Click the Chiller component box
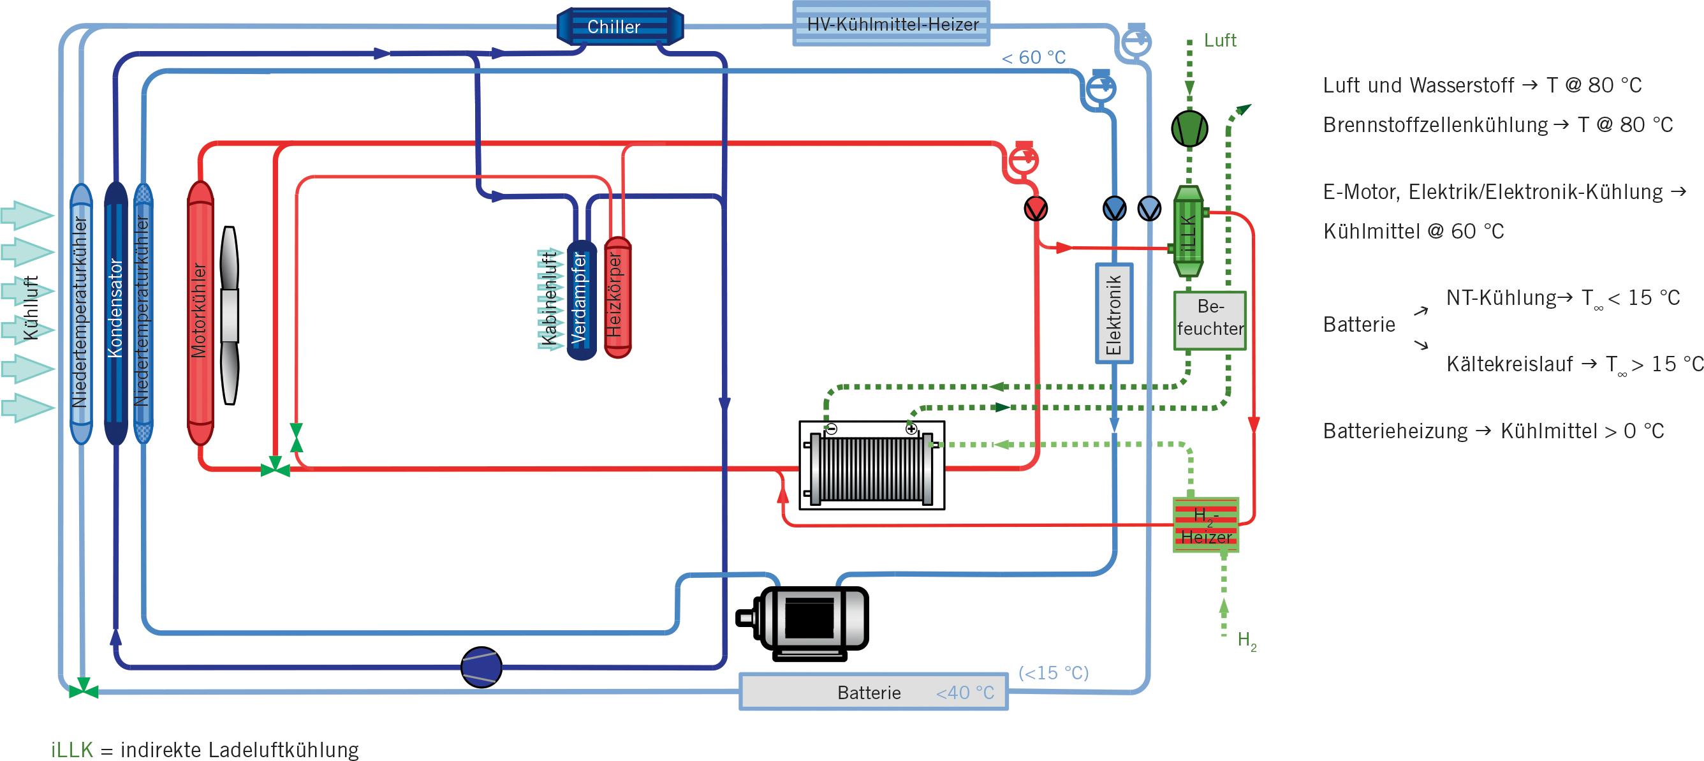pyautogui.click(x=620, y=26)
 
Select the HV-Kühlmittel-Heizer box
pyautogui.click(x=891, y=24)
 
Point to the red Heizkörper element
pyautogui.click(x=617, y=297)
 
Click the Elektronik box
pyautogui.click(x=1114, y=313)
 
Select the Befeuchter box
pyautogui.click(x=1210, y=320)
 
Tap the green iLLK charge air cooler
pyautogui.click(x=1188, y=232)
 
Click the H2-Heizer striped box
pyautogui.click(x=1206, y=525)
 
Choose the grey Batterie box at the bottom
pyautogui.click(x=873, y=691)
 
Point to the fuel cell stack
pyautogui.click(x=872, y=466)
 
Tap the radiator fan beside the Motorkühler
pyautogui.click(x=230, y=315)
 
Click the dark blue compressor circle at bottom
pyautogui.click(x=481, y=667)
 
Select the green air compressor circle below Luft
pyautogui.click(x=1189, y=128)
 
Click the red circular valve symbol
pyautogui.click(x=1036, y=209)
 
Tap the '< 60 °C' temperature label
pyautogui.click(x=1033, y=57)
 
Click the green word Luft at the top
pyautogui.click(x=1220, y=40)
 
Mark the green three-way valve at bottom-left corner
pyautogui.click(x=84, y=690)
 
